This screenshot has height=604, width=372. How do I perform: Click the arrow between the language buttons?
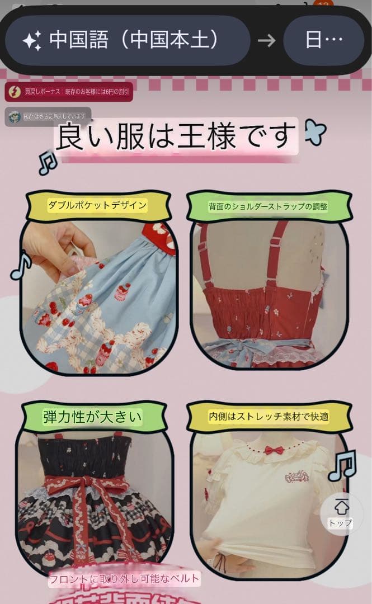click(267, 40)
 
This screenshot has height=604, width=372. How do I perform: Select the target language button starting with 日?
click(324, 40)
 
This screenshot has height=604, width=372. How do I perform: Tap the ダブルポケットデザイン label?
click(98, 205)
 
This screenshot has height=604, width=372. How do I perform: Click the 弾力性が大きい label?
click(93, 417)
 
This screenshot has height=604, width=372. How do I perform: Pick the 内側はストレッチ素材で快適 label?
click(268, 417)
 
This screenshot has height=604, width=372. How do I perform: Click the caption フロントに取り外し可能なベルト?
click(124, 579)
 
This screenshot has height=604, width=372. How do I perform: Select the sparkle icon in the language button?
click(32, 40)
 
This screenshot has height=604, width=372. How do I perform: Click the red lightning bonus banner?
click(69, 91)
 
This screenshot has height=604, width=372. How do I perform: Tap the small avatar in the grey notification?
click(15, 116)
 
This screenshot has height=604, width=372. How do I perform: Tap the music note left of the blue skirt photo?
click(21, 267)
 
